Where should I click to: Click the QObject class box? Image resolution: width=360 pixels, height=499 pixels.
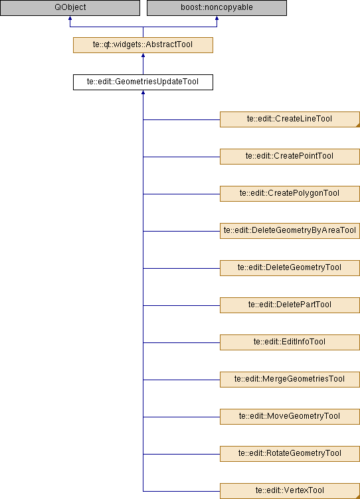(x=70, y=8)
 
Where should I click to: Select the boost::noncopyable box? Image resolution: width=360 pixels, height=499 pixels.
(x=217, y=8)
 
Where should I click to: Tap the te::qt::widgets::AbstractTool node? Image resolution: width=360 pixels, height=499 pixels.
(x=143, y=45)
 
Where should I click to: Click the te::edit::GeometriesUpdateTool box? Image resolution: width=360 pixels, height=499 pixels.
(x=143, y=82)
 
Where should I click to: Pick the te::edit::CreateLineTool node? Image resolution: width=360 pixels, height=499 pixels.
(x=290, y=119)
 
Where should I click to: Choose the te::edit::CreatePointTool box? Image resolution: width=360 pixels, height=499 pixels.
(x=290, y=157)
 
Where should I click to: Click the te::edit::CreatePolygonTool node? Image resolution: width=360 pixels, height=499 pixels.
(x=290, y=194)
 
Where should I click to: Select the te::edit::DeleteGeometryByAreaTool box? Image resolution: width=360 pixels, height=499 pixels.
(x=290, y=231)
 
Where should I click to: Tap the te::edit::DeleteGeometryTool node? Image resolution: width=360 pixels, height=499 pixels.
(x=290, y=268)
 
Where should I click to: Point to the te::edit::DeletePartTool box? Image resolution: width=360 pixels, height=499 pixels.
(x=290, y=305)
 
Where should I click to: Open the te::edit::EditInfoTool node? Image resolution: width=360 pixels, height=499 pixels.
(x=290, y=342)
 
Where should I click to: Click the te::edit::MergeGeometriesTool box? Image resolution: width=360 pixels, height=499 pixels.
(x=290, y=380)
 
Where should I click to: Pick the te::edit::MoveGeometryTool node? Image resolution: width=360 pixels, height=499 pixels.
(x=290, y=417)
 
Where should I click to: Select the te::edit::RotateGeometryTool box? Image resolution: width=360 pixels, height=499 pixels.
(x=290, y=454)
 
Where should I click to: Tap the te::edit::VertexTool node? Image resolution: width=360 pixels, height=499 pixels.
(x=290, y=491)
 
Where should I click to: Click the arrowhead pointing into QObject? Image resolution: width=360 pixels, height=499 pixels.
(x=70, y=18)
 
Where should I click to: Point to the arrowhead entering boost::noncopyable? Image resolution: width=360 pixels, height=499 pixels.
(x=217, y=18)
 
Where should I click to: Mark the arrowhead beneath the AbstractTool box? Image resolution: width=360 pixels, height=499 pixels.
(x=143, y=55)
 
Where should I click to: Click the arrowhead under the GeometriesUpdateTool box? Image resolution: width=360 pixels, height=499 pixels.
(x=143, y=92)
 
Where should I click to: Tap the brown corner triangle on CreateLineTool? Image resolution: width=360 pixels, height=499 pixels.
(x=358, y=125)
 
